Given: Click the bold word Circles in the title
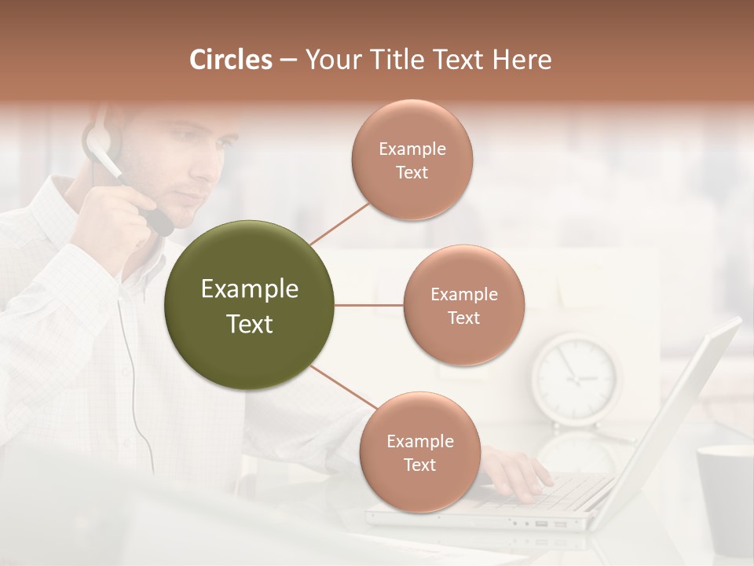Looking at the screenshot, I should (x=230, y=60).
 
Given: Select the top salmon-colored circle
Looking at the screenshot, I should (x=412, y=160).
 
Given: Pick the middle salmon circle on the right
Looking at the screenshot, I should (x=463, y=305).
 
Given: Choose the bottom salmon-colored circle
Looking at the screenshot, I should (x=419, y=452).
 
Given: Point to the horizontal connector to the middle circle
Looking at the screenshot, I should (x=368, y=305).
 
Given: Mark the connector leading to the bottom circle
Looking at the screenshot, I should (x=343, y=388).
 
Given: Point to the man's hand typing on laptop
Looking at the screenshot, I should (x=514, y=472).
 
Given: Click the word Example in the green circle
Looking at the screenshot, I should (x=249, y=289).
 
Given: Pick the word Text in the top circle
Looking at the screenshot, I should (x=412, y=172).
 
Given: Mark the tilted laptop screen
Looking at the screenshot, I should (x=675, y=417).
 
